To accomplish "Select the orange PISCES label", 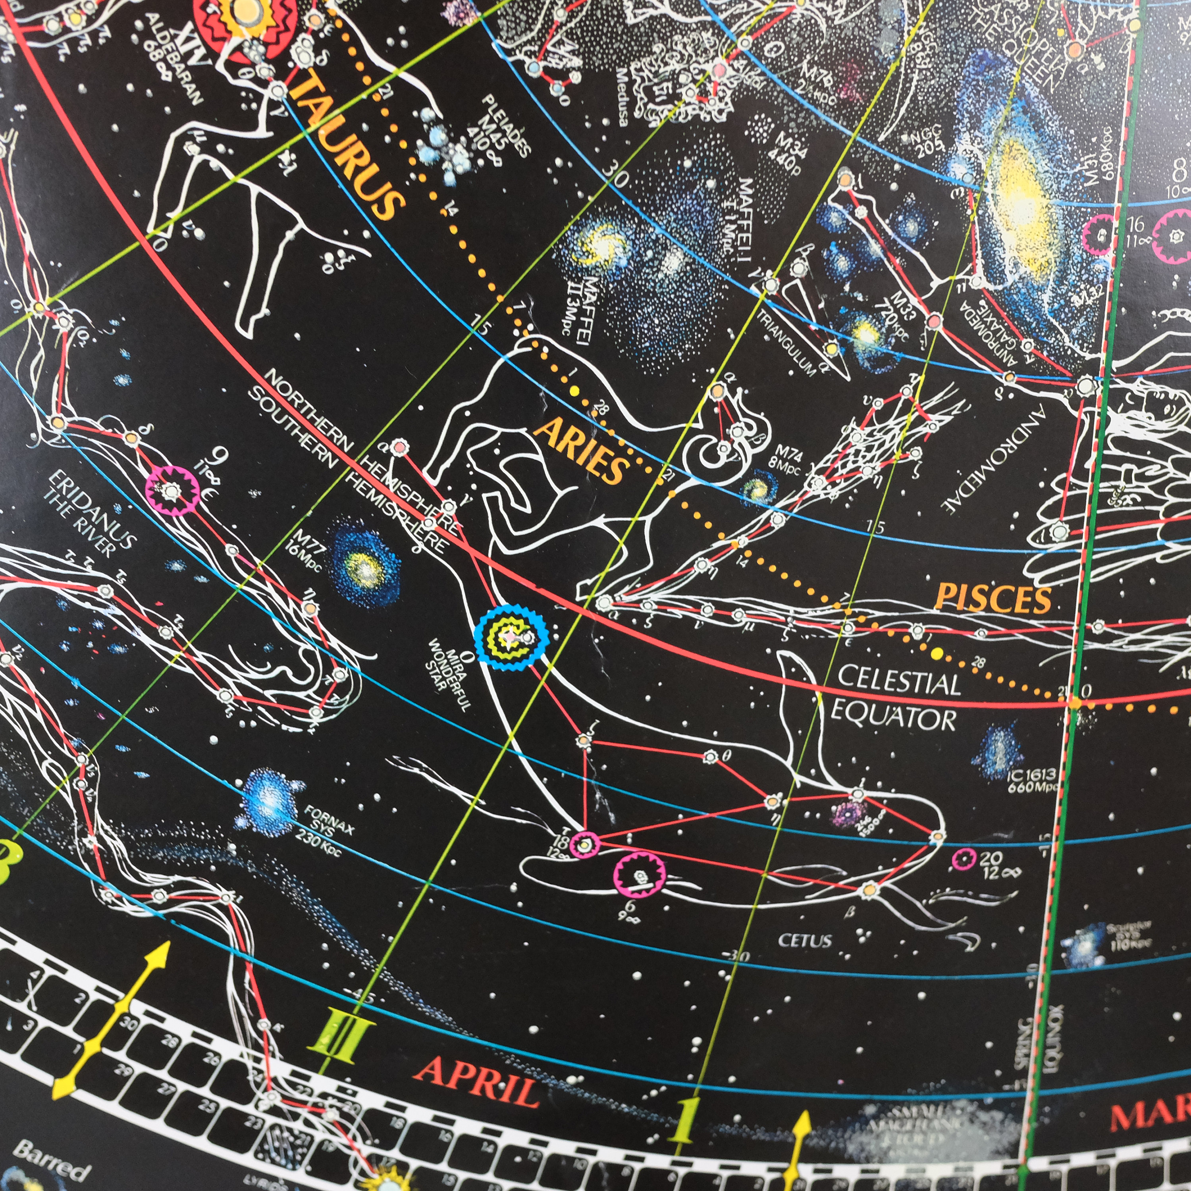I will (992, 598).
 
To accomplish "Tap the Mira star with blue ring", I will (512, 637).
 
